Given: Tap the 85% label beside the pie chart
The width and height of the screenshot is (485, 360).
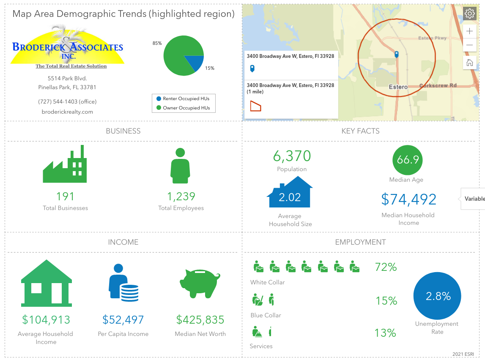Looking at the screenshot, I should (157, 43).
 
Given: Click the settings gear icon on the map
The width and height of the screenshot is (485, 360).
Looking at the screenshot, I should (469, 14).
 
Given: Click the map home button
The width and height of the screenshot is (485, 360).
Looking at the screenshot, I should (469, 63).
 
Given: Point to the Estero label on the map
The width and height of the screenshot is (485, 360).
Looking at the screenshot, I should (398, 87).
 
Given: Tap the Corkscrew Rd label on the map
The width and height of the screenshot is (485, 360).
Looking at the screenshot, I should (438, 85).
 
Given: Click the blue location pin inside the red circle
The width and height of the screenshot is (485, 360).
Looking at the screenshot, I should (397, 54).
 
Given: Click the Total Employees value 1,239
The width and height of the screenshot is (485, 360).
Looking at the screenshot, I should (181, 196).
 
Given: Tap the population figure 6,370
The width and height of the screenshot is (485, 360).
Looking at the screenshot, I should (292, 156).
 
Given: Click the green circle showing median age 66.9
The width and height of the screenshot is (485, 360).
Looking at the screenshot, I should (408, 160).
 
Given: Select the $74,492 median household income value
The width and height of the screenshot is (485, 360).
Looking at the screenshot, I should (408, 199).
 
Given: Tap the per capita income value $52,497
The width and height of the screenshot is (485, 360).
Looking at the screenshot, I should (123, 320).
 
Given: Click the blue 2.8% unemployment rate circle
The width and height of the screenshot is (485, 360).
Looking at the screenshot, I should (437, 296).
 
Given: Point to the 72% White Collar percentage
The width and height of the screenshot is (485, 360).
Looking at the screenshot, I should (386, 267).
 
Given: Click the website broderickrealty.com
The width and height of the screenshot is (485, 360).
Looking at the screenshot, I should (67, 112).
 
